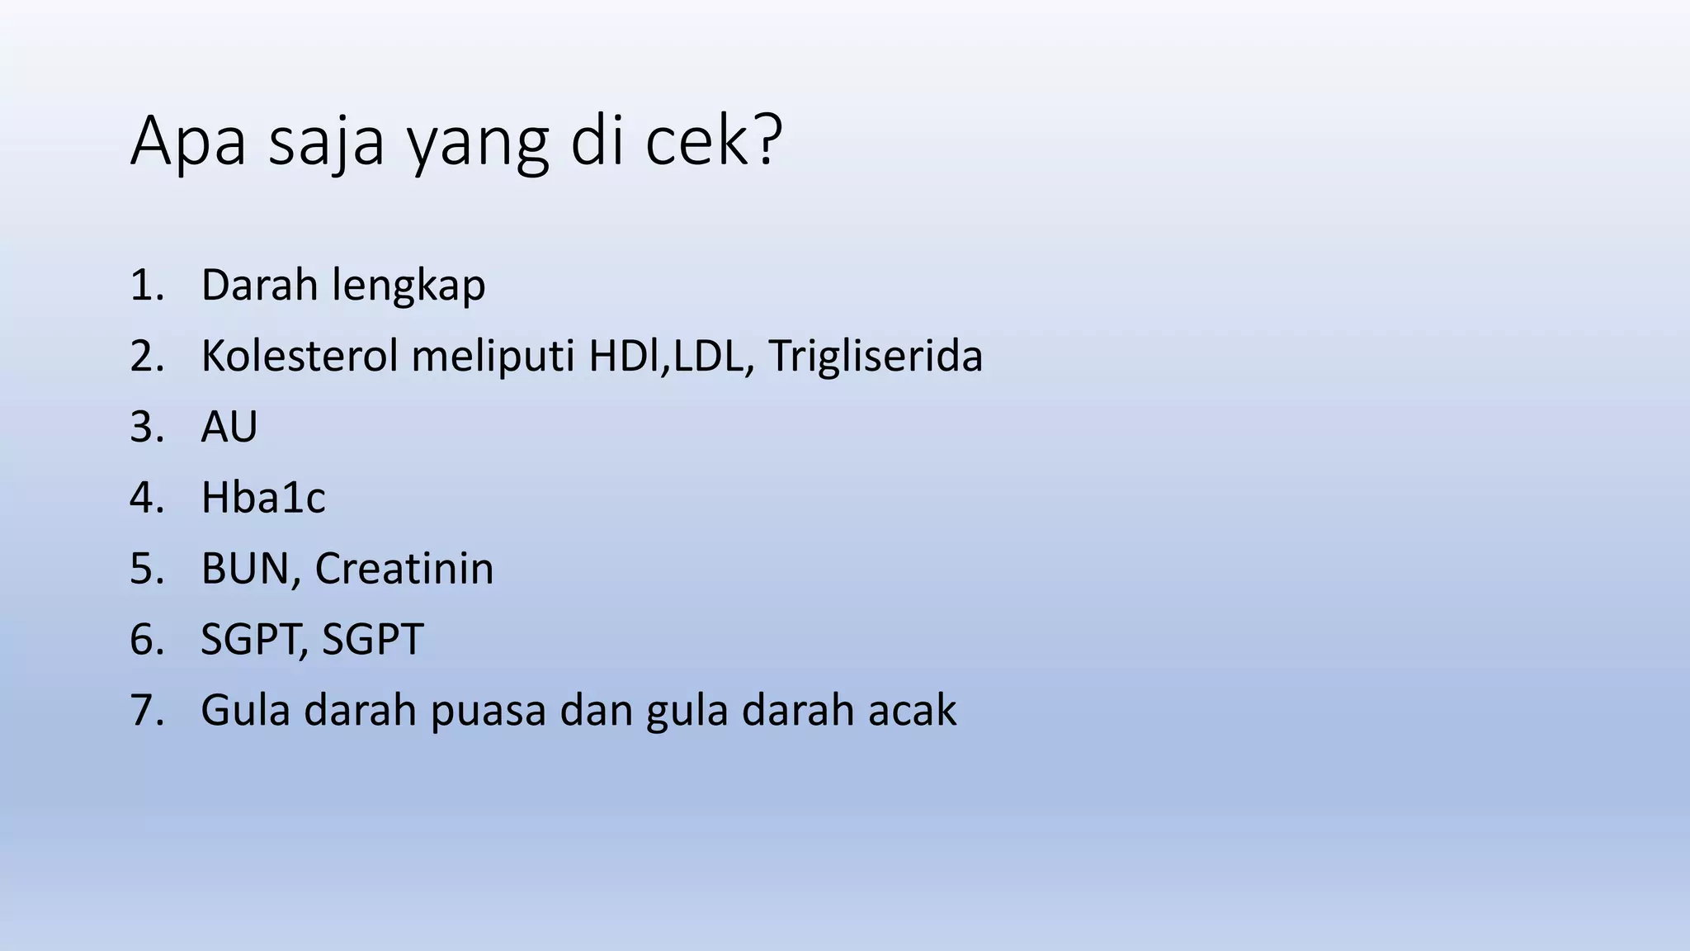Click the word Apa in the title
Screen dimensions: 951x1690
coord(188,142)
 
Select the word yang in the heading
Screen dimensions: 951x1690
coord(478,144)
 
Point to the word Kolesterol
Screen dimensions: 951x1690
coord(300,357)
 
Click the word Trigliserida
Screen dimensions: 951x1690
coord(876,357)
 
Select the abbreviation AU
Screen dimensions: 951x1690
coord(229,428)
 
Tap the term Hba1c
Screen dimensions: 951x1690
coord(263,498)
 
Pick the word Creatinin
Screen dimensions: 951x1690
coord(404,569)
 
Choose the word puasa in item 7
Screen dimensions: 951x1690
coord(489,712)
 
